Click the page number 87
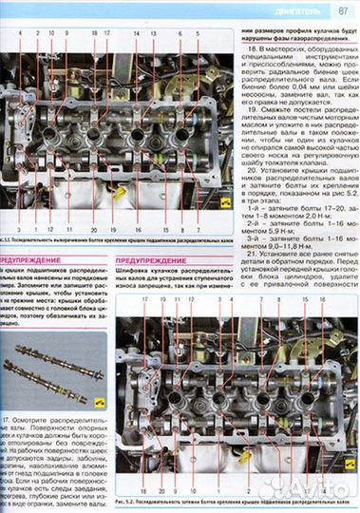pos(342,11)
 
